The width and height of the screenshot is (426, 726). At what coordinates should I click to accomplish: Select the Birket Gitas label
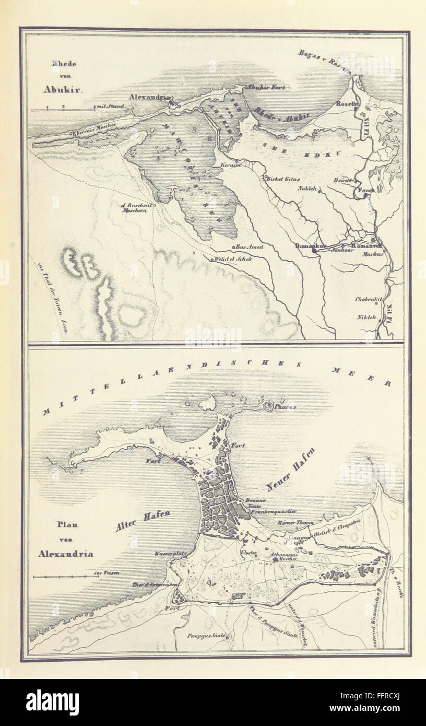(x=282, y=179)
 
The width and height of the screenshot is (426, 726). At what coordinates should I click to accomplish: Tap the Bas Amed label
(x=249, y=247)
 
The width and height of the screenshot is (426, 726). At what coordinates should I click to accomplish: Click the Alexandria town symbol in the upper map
(x=173, y=104)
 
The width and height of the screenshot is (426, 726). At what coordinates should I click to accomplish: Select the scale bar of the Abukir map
(x=63, y=110)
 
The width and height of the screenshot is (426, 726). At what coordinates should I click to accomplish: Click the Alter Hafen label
(x=143, y=521)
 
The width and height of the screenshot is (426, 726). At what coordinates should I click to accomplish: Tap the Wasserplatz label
(x=168, y=553)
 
